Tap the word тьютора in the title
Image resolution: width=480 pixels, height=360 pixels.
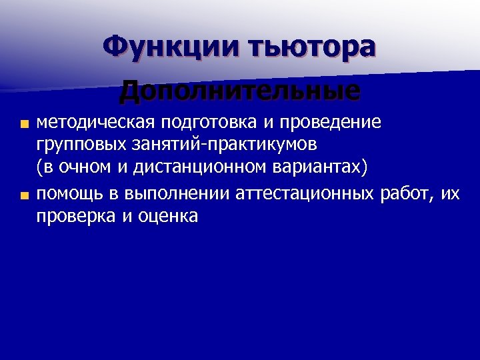coord(311,47)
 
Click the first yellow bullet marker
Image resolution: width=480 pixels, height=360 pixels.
coord(24,124)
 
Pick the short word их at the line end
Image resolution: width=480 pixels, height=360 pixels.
coord(451,194)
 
